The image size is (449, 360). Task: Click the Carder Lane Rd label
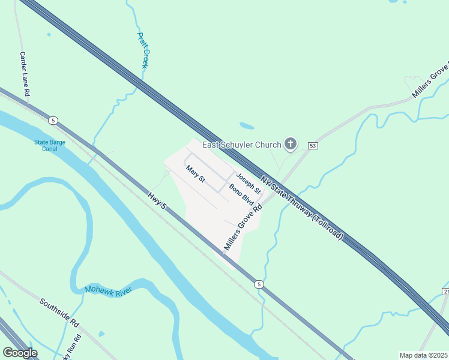(x=25, y=74)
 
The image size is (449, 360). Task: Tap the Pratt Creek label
(x=142, y=50)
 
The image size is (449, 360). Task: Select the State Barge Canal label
(x=49, y=146)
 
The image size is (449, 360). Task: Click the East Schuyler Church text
(x=241, y=145)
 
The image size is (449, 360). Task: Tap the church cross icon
(x=291, y=144)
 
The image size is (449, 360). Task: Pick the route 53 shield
(x=313, y=146)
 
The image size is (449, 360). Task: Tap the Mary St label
(x=196, y=175)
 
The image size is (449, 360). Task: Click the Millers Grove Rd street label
(x=244, y=227)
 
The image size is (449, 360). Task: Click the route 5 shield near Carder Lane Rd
(x=53, y=121)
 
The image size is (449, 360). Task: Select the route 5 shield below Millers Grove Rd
(x=258, y=284)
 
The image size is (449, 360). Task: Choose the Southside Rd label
(x=59, y=312)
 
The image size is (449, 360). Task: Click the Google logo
(x=19, y=353)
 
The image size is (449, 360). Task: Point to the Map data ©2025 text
(x=423, y=355)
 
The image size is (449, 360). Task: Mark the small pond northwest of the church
(x=246, y=126)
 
